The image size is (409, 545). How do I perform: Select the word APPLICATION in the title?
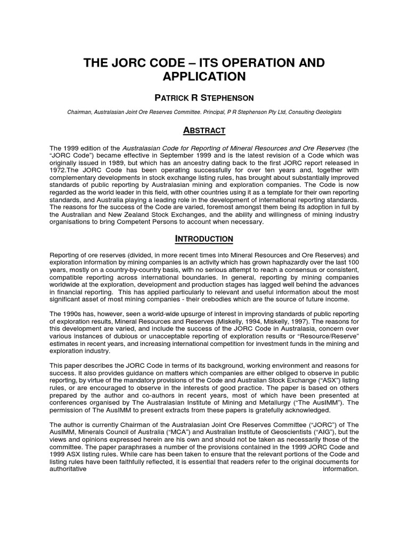tap(204, 77)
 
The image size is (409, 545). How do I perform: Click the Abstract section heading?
tap(204, 130)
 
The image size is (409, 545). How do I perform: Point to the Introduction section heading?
tap(204, 239)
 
